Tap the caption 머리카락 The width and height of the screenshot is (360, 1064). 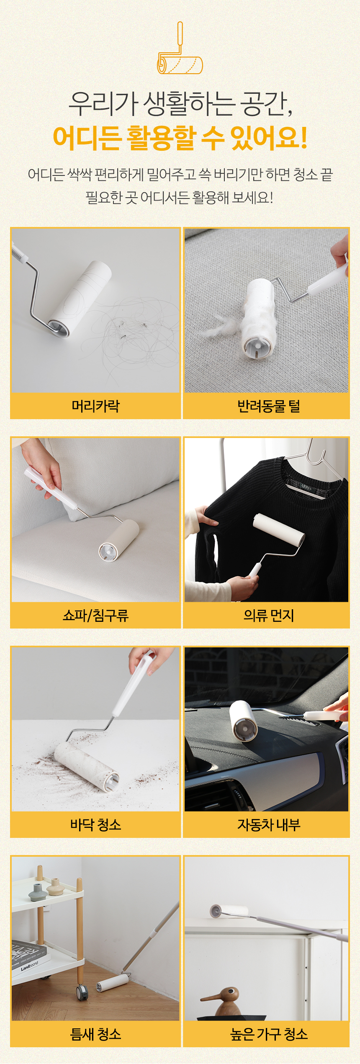coord(95,406)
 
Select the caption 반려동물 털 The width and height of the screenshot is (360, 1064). coord(269,406)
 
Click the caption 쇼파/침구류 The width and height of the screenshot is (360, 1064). coord(95,615)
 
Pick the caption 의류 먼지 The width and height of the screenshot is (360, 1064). coord(269,615)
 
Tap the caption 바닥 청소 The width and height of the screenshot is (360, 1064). coord(95,824)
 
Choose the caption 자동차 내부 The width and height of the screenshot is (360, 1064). coord(269,824)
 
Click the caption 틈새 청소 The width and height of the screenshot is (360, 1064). coord(95,1034)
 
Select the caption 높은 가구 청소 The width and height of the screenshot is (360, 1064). coord(269,1034)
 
